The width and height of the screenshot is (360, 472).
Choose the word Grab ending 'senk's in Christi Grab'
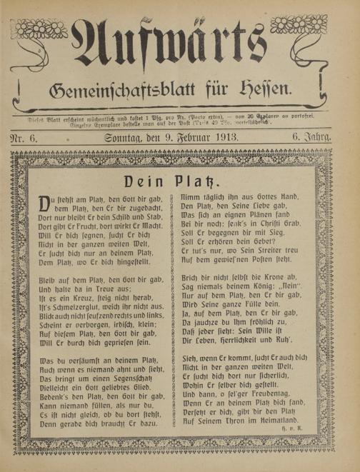[299, 232]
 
